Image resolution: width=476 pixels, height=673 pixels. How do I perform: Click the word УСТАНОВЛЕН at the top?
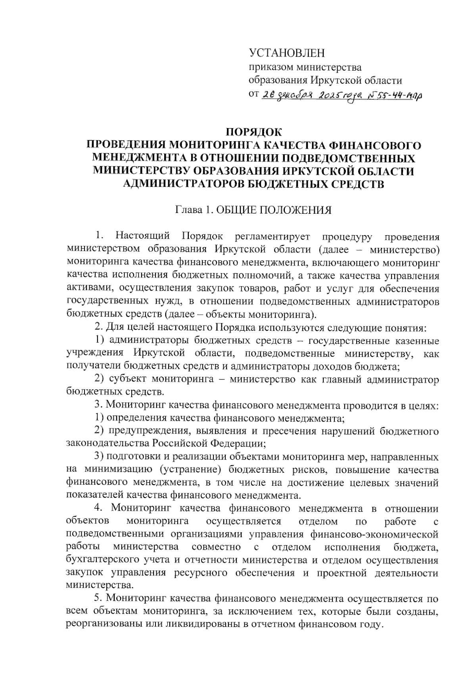[x=286, y=53]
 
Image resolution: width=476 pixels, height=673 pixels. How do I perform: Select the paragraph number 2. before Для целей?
[x=99, y=328]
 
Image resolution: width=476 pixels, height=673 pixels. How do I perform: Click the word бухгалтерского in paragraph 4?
[x=98, y=560]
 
